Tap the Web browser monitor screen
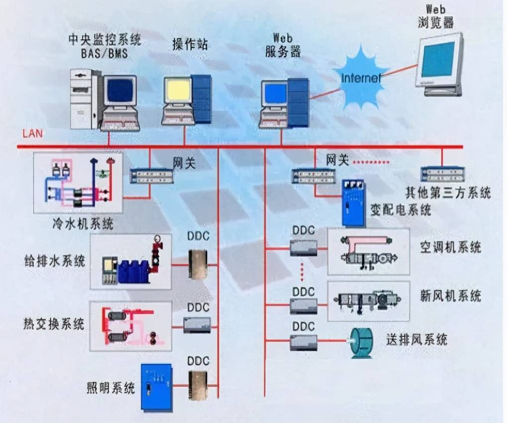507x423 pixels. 437,59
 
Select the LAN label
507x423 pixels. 32,133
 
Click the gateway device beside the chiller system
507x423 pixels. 152,176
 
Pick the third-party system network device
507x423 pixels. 442,174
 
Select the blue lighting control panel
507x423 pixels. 156,387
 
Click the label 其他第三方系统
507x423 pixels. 448,192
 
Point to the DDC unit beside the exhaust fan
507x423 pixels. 303,342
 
